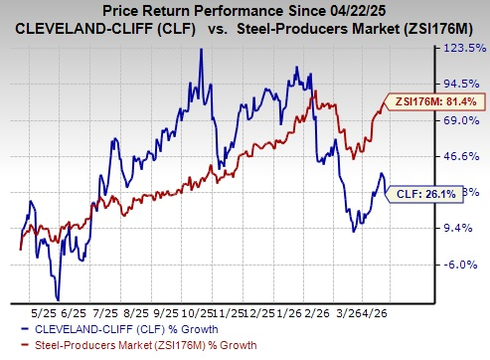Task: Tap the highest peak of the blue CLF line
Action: [202, 49]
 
